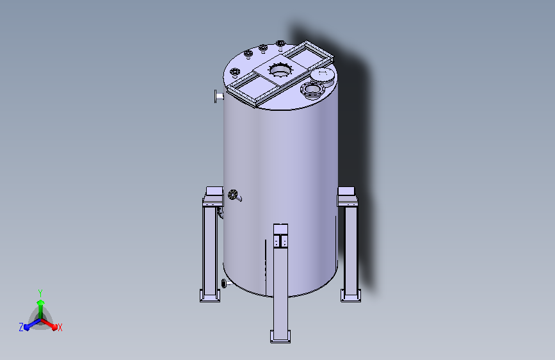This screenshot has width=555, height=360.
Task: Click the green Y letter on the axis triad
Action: tap(40, 291)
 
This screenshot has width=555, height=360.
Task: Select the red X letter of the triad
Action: tap(60, 328)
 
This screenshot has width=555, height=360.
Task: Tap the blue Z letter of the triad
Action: tap(21, 327)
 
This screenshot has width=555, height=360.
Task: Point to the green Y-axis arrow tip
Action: tap(40, 300)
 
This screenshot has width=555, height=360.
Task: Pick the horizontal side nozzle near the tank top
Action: tap(218, 97)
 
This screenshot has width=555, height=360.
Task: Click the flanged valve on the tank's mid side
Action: tap(234, 195)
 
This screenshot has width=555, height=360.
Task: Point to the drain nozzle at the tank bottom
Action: tap(224, 284)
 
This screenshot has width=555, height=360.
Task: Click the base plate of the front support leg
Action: tap(280, 336)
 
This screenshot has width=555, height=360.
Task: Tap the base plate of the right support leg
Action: tap(350, 295)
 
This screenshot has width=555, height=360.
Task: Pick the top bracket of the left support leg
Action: tap(212, 195)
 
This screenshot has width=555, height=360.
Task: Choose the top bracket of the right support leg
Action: tap(346, 195)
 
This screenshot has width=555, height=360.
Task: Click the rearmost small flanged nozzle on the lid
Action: tap(280, 44)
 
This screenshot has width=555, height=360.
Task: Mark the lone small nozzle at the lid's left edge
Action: tap(234, 72)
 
